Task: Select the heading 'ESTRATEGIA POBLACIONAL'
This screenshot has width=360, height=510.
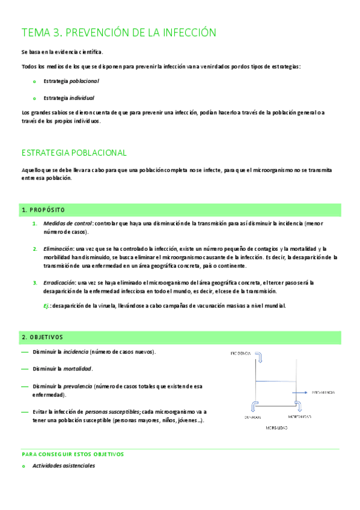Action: pyautogui.click(x=74, y=153)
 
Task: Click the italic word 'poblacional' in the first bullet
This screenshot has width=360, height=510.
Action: pyautogui.click(x=84, y=81)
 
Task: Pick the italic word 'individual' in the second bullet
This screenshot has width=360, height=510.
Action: pyautogui.click(x=82, y=97)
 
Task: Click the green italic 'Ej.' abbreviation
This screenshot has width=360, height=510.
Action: pyautogui.click(x=47, y=306)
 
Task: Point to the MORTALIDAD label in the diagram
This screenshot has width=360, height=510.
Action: pyautogui.click(x=299, y=416)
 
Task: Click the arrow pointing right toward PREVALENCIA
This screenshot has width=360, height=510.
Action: pyautogui.click(x=301, y=392)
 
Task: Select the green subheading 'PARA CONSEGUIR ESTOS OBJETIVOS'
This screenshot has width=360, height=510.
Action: pyautogui.click(x=72, y=454)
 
